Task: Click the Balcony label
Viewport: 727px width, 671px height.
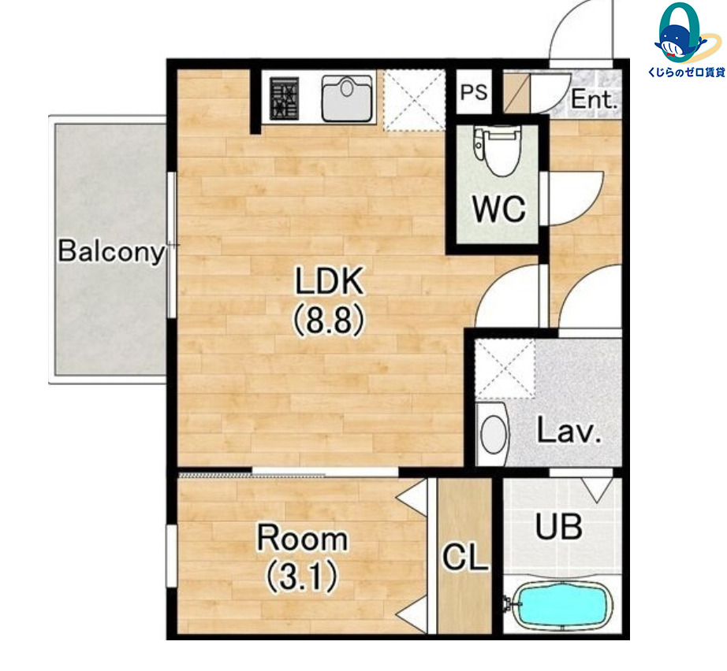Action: (x=111, y=251)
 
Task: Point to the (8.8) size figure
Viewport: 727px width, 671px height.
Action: (x=329, y=320)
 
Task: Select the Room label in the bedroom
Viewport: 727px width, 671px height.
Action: (x=302, y=538)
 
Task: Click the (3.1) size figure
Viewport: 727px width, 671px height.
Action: (x=301, y=576)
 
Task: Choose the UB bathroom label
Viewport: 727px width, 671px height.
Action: (x=559, y=527)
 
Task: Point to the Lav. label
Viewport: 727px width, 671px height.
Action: (x=569, y=431)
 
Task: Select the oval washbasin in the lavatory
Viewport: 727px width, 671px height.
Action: (x=493, y=434)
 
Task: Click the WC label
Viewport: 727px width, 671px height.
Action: (x=499, y=209)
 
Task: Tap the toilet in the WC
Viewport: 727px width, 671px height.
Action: (x=496, y=151)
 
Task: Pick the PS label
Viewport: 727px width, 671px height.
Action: (x=474, y=92)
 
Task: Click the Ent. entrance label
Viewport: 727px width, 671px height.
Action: (x=595, y=99)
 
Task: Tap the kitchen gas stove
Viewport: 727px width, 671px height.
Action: (x=284, y=98)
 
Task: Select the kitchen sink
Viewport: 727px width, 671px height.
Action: (x=347, y=98)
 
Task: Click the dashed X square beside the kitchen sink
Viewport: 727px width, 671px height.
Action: (x=414, y=99)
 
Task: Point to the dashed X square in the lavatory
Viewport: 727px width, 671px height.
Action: (x=505, y=369)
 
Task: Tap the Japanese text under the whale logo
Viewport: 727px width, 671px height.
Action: (x=686, y=72)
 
